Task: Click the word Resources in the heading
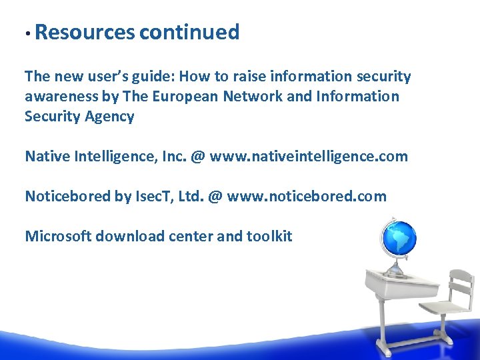click(x=85, y=32)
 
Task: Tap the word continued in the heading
click(x=189, y=32)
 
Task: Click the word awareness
click(x=63, y=97)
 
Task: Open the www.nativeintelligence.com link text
click(x=309, y=157)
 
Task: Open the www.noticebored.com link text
click(x=307, y=197)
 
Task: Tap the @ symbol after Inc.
click(x=197, y=157)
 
